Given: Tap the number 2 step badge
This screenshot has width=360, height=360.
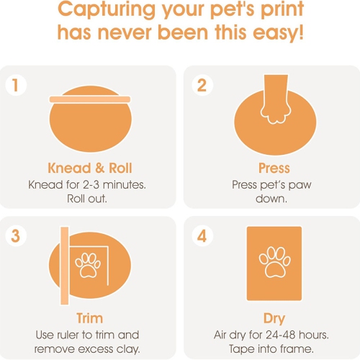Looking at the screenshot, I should point(202,85).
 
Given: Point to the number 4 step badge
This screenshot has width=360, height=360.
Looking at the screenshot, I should point(202,236).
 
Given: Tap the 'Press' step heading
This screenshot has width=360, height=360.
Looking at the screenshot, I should point(274,168).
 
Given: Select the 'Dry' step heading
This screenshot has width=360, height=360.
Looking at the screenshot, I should point(274,318).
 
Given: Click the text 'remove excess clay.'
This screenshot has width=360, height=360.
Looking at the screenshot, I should point(87,349).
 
